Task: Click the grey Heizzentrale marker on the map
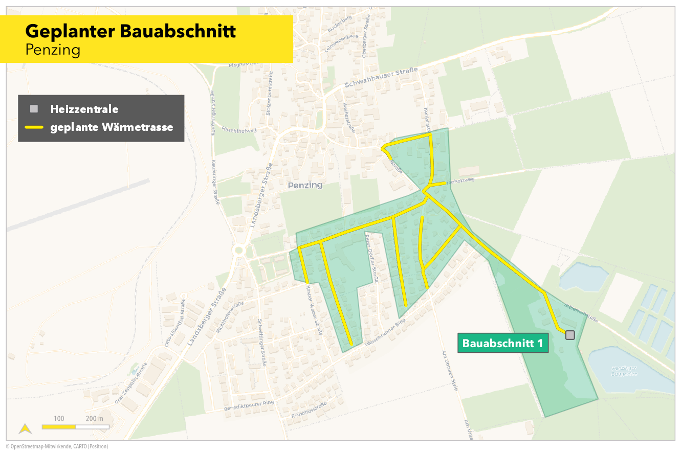pos(570,335)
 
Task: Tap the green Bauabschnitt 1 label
pos(502,343)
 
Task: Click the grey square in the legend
pos(34,108)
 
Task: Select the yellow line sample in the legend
pos(34,127)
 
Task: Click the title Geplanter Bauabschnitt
pos(130,31)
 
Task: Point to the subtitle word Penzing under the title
pos(53,50)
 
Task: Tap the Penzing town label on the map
pos(305,185)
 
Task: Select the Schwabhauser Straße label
pos(381,77)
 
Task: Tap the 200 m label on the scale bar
pos(95,419)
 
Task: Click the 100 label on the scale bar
pos(59,419)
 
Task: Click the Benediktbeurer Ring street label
pos(249,406)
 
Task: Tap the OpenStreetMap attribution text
pos(57,446)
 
